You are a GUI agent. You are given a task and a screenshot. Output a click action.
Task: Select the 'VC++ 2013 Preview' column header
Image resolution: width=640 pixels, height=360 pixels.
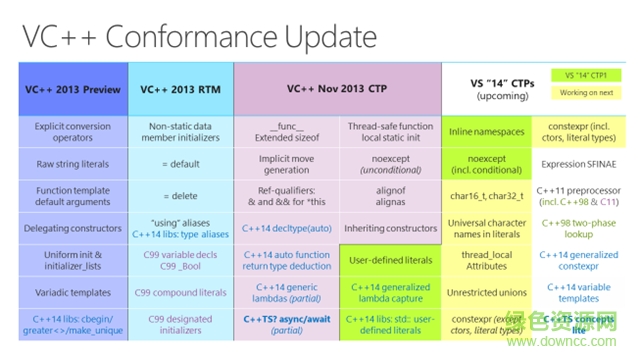point(73,90)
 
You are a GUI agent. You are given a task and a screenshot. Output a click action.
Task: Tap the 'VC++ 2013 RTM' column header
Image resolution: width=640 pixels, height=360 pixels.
point(180,90)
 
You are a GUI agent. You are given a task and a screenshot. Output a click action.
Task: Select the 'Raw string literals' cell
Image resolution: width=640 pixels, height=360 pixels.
point(73,163)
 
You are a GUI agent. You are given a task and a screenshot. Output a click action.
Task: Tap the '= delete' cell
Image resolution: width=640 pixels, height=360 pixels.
point(180,196)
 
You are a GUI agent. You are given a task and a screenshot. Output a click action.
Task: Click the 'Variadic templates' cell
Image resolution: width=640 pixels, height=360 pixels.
point(73,292)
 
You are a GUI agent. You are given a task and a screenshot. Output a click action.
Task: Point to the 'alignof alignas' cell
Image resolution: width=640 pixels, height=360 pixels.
point(391,196)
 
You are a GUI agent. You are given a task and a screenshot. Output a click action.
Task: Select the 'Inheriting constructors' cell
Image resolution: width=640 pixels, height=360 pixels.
point(391,228)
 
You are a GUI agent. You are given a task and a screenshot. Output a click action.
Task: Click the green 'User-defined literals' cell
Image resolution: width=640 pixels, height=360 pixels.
point(391,260)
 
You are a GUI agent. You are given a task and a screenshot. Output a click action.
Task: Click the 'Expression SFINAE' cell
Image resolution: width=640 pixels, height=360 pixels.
point(586,163)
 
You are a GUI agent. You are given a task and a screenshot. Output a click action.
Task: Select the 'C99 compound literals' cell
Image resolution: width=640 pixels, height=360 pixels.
point(180,292)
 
